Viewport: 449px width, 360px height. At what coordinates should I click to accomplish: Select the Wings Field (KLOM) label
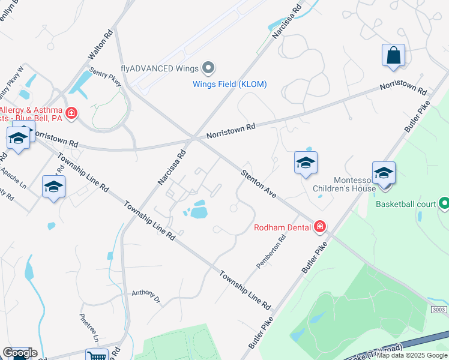pos(229,84)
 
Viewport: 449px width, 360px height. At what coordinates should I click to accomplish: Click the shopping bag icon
pos(393,55)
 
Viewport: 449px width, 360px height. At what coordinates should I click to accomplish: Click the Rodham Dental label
pos(282,227)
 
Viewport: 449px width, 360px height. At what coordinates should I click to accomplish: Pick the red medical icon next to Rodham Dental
pos(320,226)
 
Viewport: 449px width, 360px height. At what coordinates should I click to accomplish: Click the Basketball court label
pos(406,204)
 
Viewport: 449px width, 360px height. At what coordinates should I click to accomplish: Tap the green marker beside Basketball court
pos(444,204)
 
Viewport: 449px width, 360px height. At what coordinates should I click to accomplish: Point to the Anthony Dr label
pos(146,295)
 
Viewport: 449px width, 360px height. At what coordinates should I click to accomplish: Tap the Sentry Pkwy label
pos(105,77)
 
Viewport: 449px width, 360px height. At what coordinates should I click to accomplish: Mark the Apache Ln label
pos(14,177)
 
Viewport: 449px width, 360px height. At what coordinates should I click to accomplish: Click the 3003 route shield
pos(439,309)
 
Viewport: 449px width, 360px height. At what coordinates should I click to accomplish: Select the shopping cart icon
pos(96,356)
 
